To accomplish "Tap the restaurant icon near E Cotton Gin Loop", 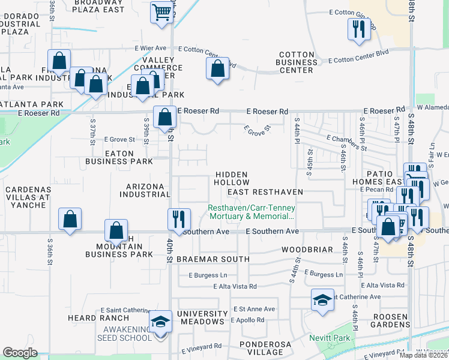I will click(x=359, y=29).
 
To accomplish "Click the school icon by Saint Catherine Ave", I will click(x=322, y=301).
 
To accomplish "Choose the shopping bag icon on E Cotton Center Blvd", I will click(x=217, y=69).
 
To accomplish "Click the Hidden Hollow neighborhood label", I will click(x=232, y=178).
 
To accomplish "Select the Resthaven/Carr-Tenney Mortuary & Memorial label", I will click(x=251, y=212).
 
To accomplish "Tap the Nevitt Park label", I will click(x=329, y=338).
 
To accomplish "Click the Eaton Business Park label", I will click(x=119, y=157).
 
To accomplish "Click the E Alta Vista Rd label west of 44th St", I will click(x=235, y=287).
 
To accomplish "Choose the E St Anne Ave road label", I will click(x=254, y=309).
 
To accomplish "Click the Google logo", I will click(x=20, y=353).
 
